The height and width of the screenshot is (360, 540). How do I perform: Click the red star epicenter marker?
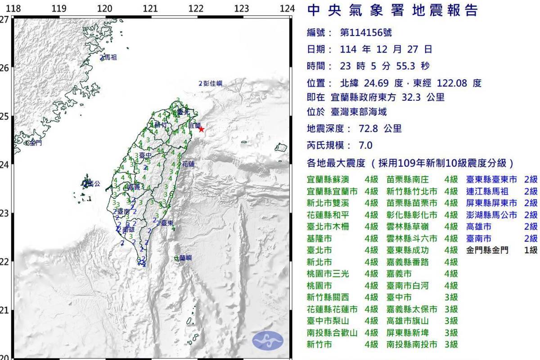pyautogui.click(x=201, y=129)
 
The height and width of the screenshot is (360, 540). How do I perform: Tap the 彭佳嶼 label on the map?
pyautogui.click(x=212, y=83)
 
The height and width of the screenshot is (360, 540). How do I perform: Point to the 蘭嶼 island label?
pyautogui.click(x=185, y=258)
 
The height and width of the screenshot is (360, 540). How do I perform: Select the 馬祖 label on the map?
pyautogui.click(x=111, y=58)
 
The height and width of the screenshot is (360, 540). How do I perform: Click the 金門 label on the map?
pyautogui.click(x=35, y=143)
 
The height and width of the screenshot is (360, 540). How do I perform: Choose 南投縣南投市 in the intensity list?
pyautogui.click(x=412, y=345)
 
